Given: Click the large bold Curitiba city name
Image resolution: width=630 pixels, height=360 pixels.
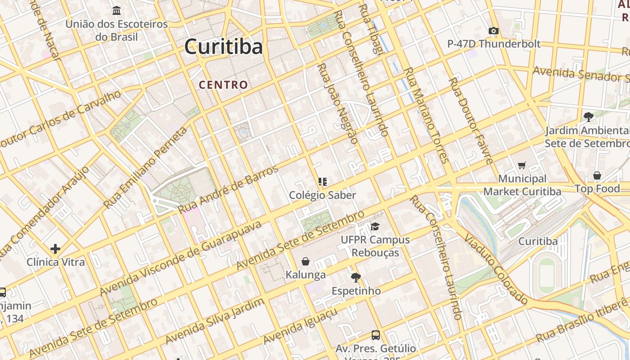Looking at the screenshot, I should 223,47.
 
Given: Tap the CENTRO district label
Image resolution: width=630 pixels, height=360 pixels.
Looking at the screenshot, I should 223,85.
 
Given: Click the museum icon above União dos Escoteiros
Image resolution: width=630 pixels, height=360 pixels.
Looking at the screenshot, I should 117,10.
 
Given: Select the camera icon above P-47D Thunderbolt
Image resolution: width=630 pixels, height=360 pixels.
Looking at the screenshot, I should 494,31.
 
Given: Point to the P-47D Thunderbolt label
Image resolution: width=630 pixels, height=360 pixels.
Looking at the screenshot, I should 494,44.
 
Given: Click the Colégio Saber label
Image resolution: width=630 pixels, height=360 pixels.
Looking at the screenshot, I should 322,195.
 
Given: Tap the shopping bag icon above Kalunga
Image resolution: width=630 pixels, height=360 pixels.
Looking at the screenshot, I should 306,261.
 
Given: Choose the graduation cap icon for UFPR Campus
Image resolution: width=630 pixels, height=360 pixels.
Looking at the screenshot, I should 375,226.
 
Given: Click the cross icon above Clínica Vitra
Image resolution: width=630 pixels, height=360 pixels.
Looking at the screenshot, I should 55,248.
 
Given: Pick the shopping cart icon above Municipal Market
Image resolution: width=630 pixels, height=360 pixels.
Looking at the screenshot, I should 522,166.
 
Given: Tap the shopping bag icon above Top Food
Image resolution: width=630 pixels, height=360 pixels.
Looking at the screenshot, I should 597,175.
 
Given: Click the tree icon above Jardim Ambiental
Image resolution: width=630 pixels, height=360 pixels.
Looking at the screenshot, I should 588,117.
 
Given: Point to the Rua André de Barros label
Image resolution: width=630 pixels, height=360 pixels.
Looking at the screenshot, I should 228,189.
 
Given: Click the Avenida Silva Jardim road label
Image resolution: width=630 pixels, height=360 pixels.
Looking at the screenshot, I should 214,321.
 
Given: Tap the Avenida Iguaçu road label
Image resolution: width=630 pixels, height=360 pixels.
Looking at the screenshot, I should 300,326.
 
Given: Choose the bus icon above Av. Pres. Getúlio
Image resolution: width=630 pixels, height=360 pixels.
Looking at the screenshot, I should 375,335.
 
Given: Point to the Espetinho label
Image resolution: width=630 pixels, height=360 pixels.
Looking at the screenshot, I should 356,291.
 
